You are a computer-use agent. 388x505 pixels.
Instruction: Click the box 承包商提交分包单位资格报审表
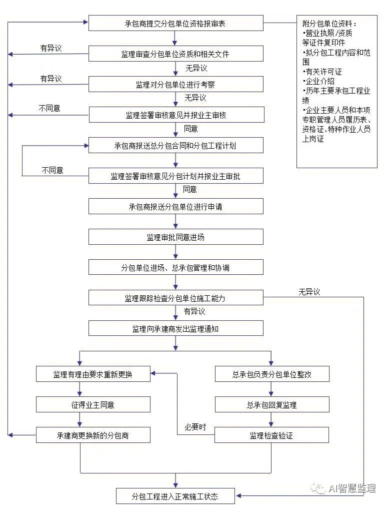(x=175, y=23)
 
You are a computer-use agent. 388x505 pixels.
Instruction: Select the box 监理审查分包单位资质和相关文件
(x=175, y=54)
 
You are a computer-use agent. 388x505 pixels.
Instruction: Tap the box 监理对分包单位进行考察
(x=175, y=84)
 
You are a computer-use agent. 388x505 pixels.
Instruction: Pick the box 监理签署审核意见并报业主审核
(x=175, y=115)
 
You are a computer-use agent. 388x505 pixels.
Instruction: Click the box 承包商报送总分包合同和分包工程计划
(x=175, y=146)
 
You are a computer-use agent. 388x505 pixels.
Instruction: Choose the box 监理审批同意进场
(x=175, y=237)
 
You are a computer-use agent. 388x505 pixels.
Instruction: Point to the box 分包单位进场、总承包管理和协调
(x=175, y=268)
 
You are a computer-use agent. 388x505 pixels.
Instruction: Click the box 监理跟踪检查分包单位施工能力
(x=175, y=298)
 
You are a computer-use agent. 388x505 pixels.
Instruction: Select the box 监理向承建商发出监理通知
(x=175, y=329)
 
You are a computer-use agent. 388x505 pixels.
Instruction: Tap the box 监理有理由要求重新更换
(x=93, y=374)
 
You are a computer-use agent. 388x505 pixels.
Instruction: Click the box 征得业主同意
(x=93, y=404)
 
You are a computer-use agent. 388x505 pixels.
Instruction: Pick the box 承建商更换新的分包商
(x=93, y=435)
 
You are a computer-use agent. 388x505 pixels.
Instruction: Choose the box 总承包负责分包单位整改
(x=272, y=374)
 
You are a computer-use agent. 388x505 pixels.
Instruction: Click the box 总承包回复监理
(x=272, y=404)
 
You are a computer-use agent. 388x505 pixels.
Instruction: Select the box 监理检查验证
(x=272, y=435)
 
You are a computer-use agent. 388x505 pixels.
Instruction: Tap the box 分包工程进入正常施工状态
(x=175, y=496)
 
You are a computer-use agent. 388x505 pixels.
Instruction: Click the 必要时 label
(x=195, y=427)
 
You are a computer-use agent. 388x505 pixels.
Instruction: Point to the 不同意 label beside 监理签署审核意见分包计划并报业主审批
(x=52, y=170)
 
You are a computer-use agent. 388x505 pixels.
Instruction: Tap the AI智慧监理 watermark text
(x=351, y=488)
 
